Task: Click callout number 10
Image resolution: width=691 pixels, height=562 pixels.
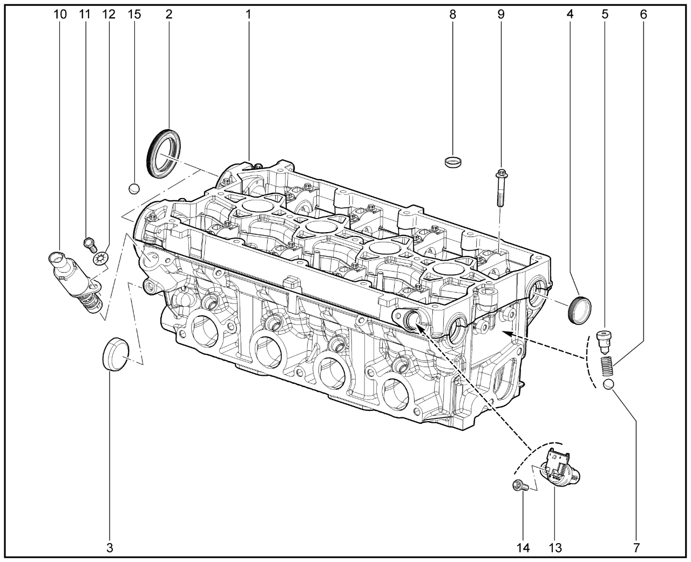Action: pos(60,14)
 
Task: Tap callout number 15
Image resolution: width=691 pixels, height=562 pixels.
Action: pos(134,14)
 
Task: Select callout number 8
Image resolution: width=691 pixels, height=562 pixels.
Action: pos(452,14)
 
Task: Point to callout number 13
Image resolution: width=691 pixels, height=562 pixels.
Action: pos(555,548)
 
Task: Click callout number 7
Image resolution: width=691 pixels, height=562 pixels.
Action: pos(636,548)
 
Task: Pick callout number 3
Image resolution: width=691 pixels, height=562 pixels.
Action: pos(110,548)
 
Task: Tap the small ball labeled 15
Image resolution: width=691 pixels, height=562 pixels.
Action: pos(134,188)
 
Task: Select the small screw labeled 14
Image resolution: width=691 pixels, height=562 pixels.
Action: pos(519,486)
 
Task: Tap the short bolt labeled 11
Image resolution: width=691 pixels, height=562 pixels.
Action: pos(90,244)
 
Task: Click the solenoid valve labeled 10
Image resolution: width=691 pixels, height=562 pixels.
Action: pos(74,277)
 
